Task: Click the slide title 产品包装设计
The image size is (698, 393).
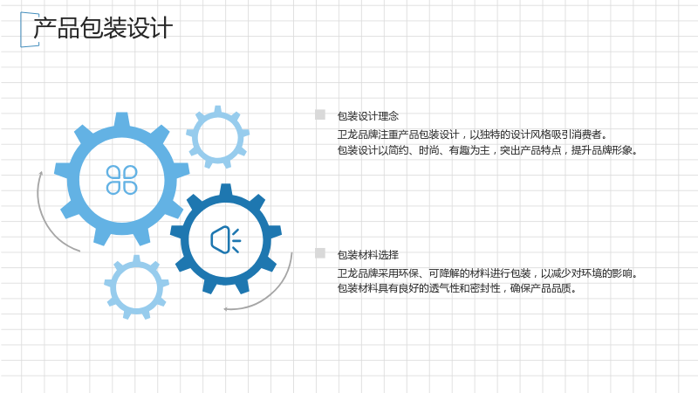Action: pyautogui.click(x=103, y=28)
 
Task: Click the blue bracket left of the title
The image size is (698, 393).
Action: pyautogui.click(x=21, y=30)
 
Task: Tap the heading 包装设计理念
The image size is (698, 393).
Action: pyautogui.click(x=367, y=116)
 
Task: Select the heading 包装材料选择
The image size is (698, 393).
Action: pyautogui.click(x=367, y=255)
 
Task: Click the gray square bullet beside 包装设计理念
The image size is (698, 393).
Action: pyautogui.click(x=320, y=114)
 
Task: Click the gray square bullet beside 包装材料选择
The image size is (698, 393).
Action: pyautogui.click(x=320, y=253)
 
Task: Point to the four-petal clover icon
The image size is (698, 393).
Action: pyautogui.click(x=121, y=180)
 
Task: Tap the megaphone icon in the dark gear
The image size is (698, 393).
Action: pyautogui.click(x=226, y=239)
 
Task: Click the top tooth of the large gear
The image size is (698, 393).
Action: pyautogui.click(x=121, y=119)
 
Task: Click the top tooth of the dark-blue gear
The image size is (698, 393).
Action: pyautogui.click(x=226, y=190)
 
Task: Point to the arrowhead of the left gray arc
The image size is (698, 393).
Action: pyautogui.click(x=41, y=173)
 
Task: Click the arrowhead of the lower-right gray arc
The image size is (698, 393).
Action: pyautogui.click(x=226, y=309)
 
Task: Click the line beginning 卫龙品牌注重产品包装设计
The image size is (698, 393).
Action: pyautogui.click(x=472, y=134)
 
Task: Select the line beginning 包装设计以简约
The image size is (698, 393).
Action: pyautogui.click(x=488, y=150)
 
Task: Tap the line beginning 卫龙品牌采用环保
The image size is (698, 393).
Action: pyautogui.click(x=488, y=273)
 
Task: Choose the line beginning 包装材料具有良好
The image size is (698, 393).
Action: pyautogui.click(x=457, y=288)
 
